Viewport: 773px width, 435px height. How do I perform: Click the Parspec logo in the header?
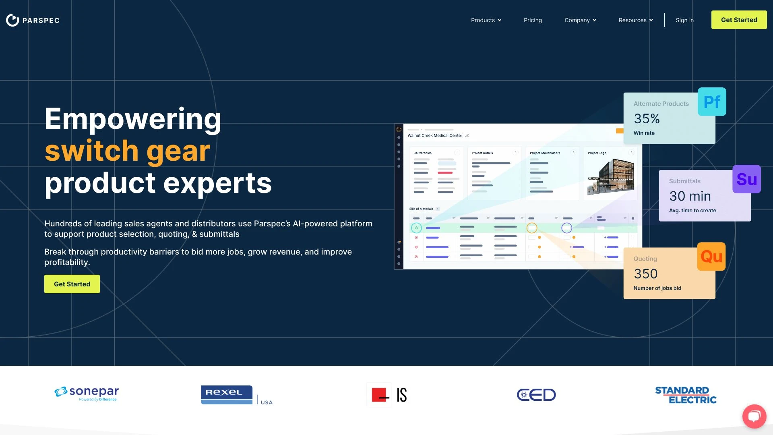pyautogui.click(x=33, y=20)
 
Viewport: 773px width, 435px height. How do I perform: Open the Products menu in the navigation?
pyautogui.click(x=486, y=20)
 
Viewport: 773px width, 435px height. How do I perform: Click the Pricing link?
pyautogui.click(x=533, y=20)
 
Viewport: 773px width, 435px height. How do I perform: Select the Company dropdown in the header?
pyautogui.click(x=580, y=20)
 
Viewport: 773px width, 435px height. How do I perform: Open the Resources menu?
pyautogui.click(x=636, y=20)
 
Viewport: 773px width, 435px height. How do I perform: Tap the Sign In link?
pyautogui.click(x=684, y=20)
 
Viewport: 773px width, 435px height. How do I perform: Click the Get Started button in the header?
pyautogui.click(x=739, y=20)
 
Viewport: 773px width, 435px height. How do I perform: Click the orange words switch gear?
pyautogui.click(x=127, y=151)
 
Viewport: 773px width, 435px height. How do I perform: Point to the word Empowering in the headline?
pyautogui.click(x=133, y=119)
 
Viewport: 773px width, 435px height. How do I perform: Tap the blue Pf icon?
pyautogui.click(x=712, y=102)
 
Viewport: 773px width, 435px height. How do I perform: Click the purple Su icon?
pyautogui.click(x=746, y=179)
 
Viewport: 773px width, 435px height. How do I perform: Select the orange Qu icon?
pyautogui.click(x=711, y=257)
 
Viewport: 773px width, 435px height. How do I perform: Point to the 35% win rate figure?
pyautogui.click(x=647, y=119)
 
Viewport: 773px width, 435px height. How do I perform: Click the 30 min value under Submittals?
pyautogui.click(x=690, y=196)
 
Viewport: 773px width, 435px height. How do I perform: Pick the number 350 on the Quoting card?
pyautogui.click(x=645, y=274)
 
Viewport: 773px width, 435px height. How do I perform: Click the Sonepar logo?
pyautogui.click(x=87, y=394)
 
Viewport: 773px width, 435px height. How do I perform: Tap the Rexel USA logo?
pyautogui.click(x=236, y=395)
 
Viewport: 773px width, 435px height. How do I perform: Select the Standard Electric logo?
pyautogui.click(x=686, y=395)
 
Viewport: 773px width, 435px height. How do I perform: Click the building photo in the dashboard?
pyautogui.click(x=610, y=176)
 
